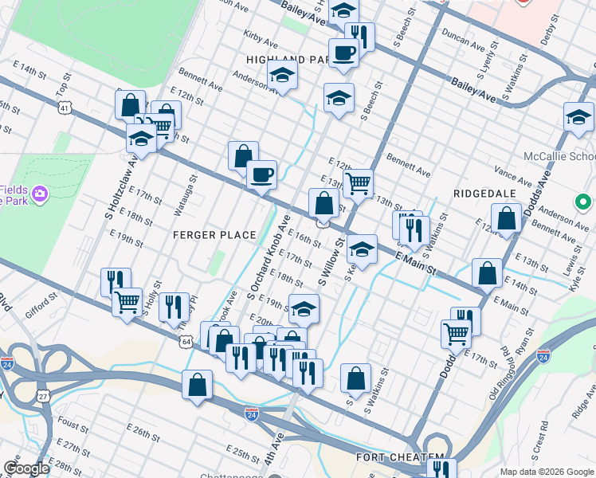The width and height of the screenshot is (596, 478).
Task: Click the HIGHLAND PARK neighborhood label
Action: click(x=287, y=60)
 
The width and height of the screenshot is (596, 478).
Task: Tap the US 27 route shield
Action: click(x=43, y=395)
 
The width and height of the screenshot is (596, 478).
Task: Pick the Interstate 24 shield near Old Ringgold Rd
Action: click(x=544, y=356)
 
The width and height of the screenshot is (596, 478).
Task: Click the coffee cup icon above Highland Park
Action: click(x=343, y=53)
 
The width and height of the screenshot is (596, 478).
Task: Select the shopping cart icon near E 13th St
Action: click(x=359, y=183)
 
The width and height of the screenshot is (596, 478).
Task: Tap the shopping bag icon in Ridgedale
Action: click(x=506, y=217)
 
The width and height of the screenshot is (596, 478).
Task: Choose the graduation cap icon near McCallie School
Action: click(x=578, y=117)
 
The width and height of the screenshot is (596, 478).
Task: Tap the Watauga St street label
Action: click(x=180, y=200)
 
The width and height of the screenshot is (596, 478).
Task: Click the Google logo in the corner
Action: click(x=26, y=468)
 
